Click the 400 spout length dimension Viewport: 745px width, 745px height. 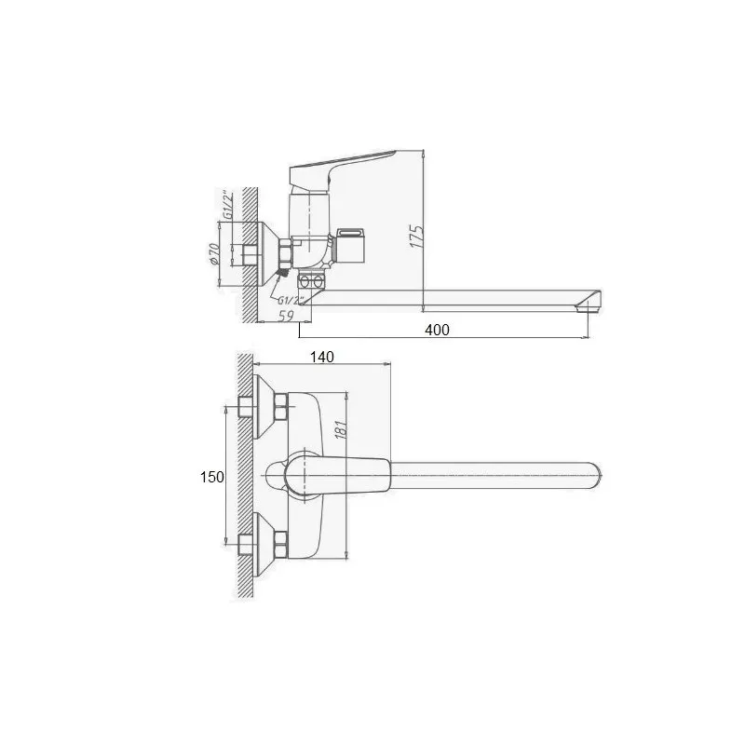437,330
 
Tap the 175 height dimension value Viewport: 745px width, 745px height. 416,237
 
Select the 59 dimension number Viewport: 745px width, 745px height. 286,316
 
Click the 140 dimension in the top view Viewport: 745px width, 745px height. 321,357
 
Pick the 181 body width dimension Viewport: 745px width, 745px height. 342,427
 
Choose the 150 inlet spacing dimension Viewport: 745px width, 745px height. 212,477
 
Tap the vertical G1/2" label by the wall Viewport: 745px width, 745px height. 228,204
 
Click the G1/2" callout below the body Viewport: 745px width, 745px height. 291,300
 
